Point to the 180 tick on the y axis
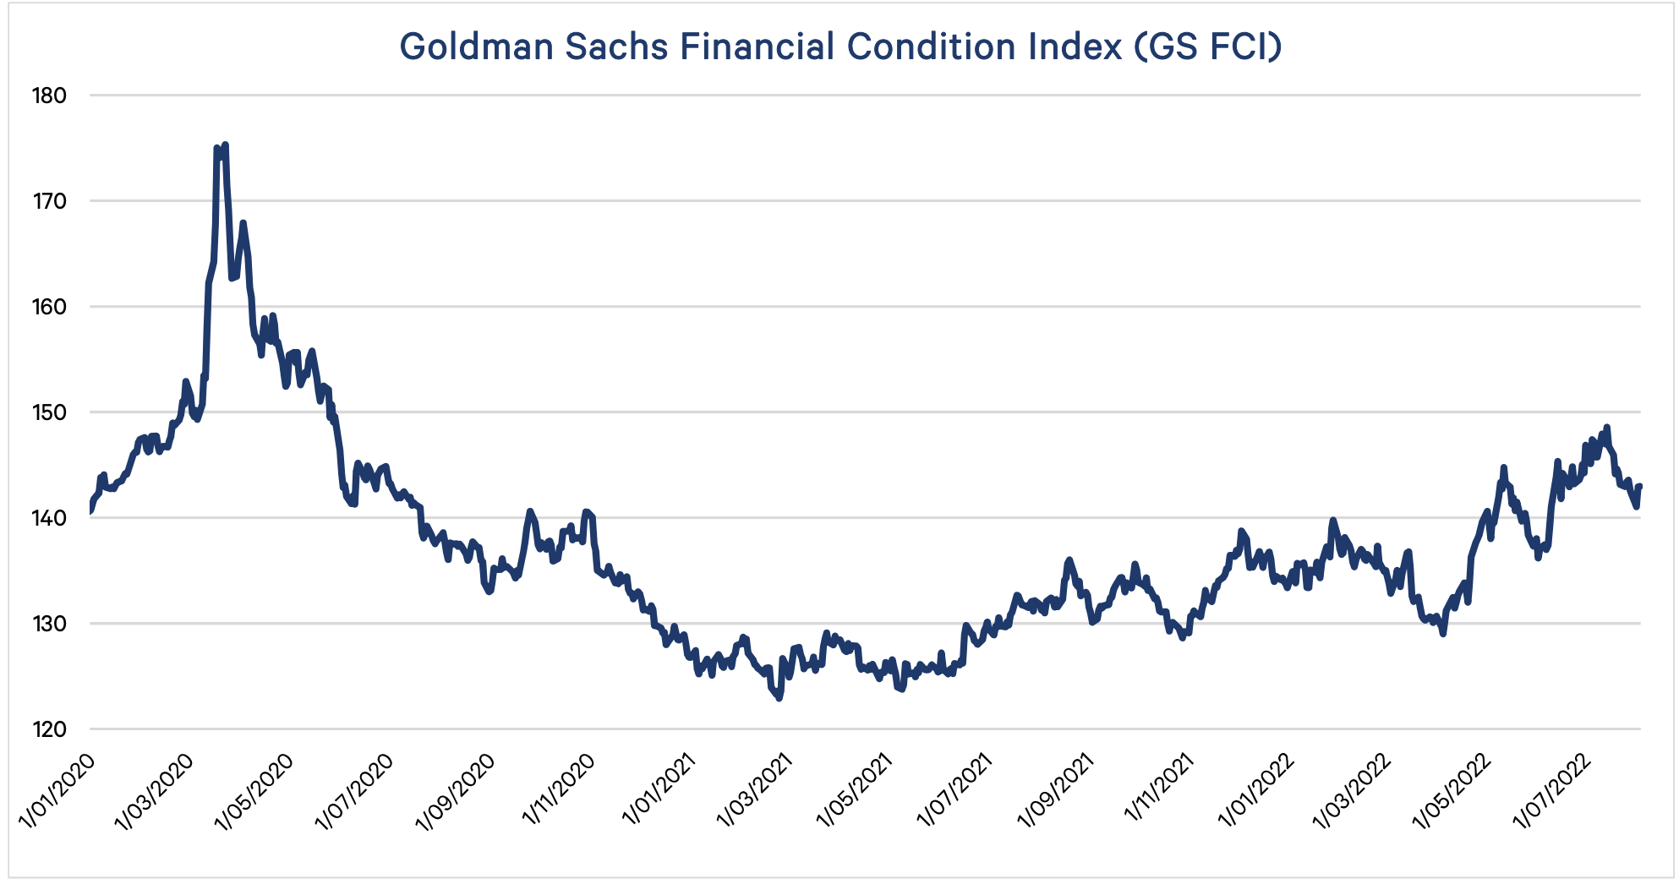(x=49, y=95)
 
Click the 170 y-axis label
(x=49, y=201)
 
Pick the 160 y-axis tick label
(x=49, y=307)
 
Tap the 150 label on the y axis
(x=49, y=412)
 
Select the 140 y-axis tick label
(x=49, y=518)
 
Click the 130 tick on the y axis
(x=49, y=624)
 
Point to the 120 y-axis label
(x=49, y=729)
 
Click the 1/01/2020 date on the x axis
(x=57, y=790)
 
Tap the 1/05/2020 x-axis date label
(x=255, y=790)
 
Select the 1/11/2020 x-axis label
(x=559, y=790)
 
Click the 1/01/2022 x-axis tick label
(x=1256, y=790)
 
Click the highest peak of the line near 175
(x=225, y=145)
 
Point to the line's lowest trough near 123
(x=779, y=698)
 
